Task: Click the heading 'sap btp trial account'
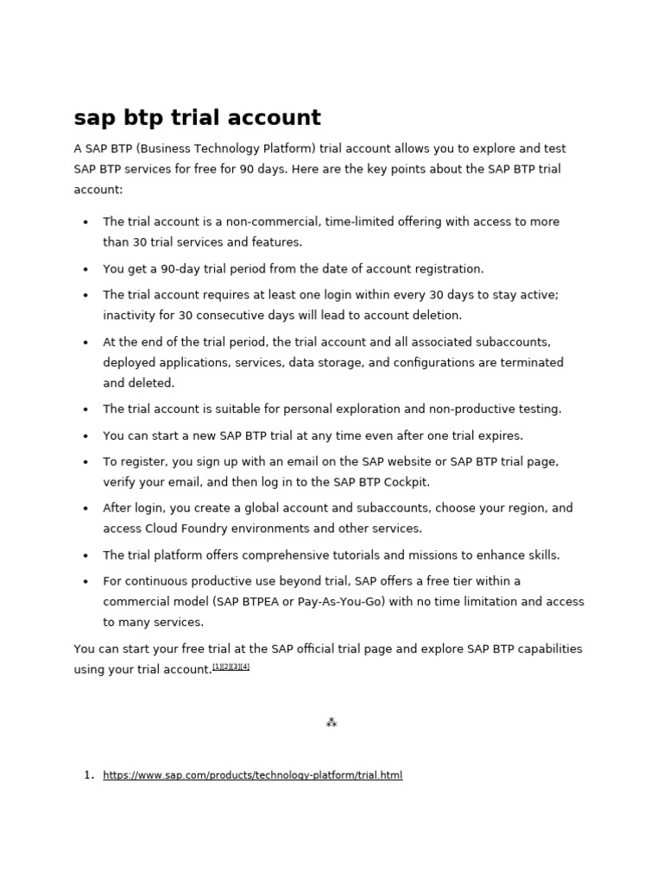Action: pos(198,118)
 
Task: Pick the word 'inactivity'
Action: pos(129,316)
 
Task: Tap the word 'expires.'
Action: pos(499,435)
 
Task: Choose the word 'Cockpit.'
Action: pos(402,483)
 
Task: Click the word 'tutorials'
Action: pos(357,555)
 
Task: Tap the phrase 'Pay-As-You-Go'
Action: pos(341,602)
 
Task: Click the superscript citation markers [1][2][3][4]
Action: pos(231,667)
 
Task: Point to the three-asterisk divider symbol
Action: pos(331,723)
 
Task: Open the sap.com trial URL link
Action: pos(252,775)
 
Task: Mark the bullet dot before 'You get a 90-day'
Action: pos(85,269)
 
